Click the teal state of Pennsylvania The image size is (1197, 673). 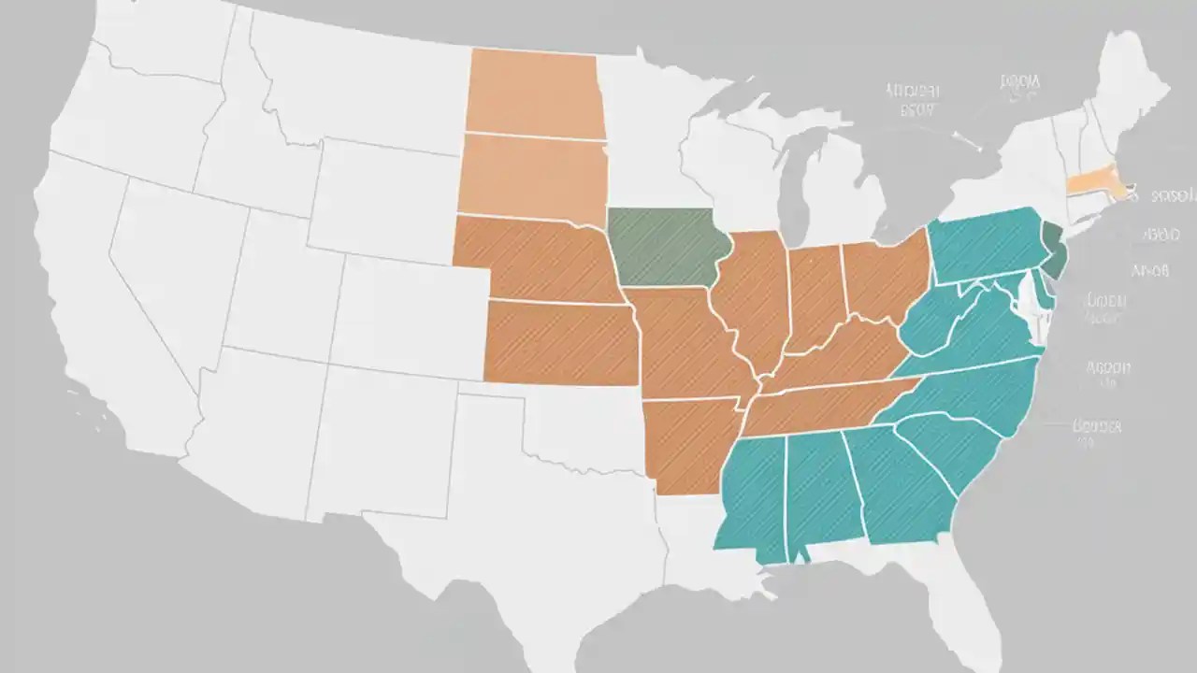pyautogui.click(x=987, y=243)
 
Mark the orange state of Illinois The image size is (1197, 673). pyautogui.click(x=753, y=299)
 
